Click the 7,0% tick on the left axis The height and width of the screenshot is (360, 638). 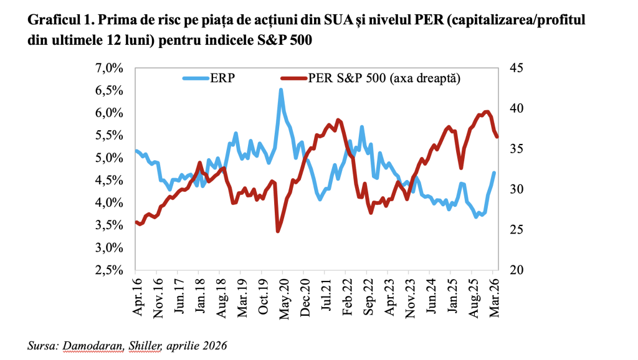pyautogui.click(x=112, y=68)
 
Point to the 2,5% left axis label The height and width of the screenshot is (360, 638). pyautogui.click(x=112, y=270)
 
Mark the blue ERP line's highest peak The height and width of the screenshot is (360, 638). pyautogui.click(x=281, y=90)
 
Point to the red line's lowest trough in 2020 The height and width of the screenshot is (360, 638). pyautogui.click(x=278, y=231)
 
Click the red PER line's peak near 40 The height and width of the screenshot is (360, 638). pyautogui.click(x=487, y=111)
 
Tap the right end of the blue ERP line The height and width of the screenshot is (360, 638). pyautogui.click(x=494, y=173)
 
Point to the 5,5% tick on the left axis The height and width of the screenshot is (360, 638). pyautogui.click(x=112, y=135)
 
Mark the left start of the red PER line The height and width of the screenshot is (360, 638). pyautogui.click(x=136, y=222)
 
